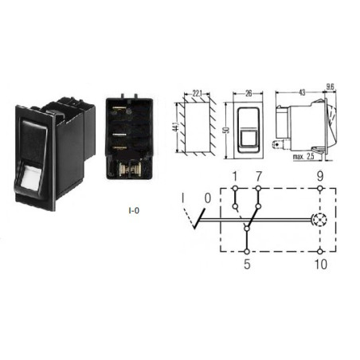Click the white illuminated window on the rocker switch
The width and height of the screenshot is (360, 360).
click(x=29, y=176)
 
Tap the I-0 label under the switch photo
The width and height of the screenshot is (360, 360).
click(x=134, y=211)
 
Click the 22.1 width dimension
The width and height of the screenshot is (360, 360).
click(x=197, y=93)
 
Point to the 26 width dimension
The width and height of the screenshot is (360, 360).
click(x=248, y=93)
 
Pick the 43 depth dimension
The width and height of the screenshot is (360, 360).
click(x=302, y=92)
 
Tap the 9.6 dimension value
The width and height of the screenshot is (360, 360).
click(x=330, y=87)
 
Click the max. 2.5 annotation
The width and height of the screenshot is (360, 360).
click(x=303, y=157)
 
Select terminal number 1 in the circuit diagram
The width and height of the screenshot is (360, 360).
click(x=234, y=176)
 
